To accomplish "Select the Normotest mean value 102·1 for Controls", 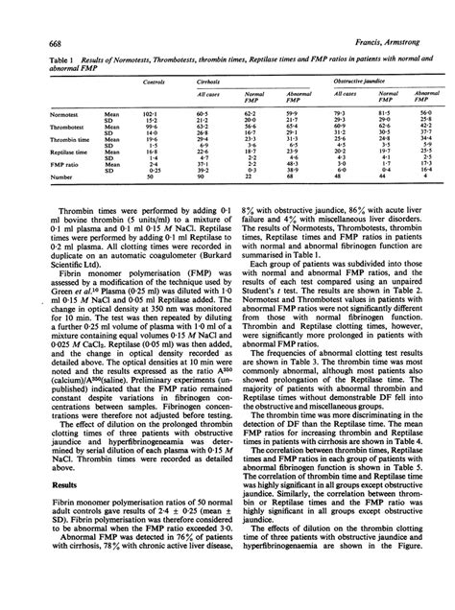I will (150, 113).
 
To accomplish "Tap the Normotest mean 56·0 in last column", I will (424, 113).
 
